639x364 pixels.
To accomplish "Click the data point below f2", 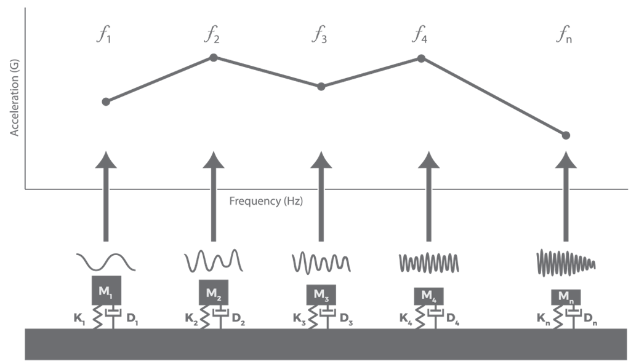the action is (x=214, y=57).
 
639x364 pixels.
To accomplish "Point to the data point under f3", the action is (x=321, y=86).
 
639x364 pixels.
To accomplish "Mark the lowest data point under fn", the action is (x=566, y=135).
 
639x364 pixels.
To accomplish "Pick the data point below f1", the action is (x=106, y=101).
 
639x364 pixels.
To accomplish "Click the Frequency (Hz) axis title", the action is (x=266, y=201).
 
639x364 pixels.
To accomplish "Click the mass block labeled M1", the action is (x=106, y=290).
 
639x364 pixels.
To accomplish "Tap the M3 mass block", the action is (x=321, y=293).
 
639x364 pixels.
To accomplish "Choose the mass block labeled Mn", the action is (x=566, y=296).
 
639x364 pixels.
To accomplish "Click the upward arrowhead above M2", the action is (x=214, y=159).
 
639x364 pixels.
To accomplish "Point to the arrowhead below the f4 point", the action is (x=428, y=159).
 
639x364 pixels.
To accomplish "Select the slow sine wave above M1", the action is (x=106, y=262).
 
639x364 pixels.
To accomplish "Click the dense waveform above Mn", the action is (x=566, y=262).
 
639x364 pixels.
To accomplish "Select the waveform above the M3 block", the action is (x=321, y=263).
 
